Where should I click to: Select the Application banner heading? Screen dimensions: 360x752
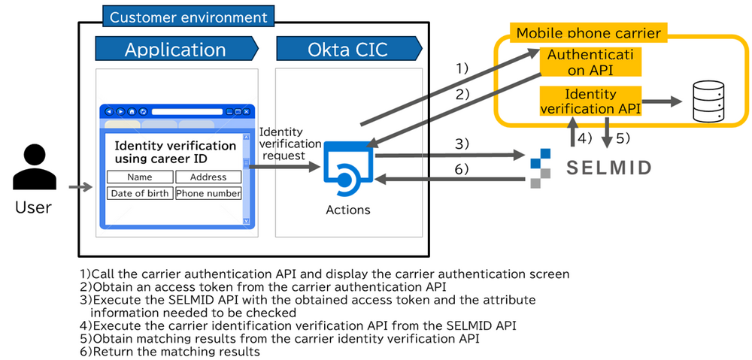click(x=175, y=50)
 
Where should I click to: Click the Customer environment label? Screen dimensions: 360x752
click(x=188, y=17)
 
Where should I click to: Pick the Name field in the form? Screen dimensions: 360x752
click(x=140, y=177)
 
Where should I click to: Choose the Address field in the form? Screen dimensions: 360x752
click(x=208, y=177)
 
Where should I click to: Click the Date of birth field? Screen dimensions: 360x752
click(x=140, y=193)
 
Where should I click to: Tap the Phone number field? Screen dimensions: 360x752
click(x=208, y=193)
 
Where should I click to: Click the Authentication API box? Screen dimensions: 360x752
click(x=590, y=62)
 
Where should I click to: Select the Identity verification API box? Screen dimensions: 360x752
click(x=590, y=101)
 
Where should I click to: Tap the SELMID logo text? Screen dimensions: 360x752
click(x=609, y=166)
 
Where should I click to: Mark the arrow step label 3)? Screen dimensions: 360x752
click(x=461, y=143)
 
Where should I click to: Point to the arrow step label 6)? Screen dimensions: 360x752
click(x=461, y=170)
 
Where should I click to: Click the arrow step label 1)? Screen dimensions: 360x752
click(x=462, y=68)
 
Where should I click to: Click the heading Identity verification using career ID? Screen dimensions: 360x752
click(x=175, y=152)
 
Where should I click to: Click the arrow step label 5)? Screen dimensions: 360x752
click(x=620, y=138)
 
